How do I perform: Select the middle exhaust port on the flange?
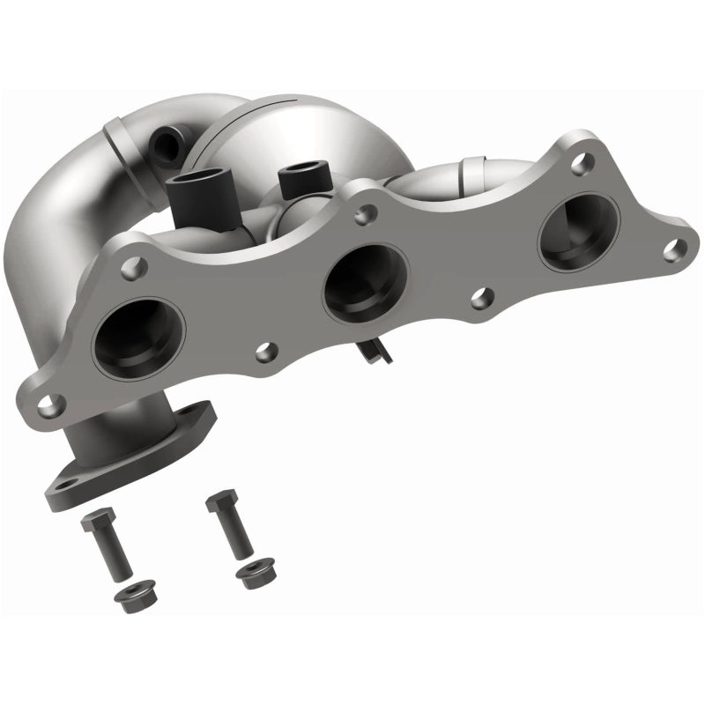[366, 281]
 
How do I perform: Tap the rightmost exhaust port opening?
[579, 232]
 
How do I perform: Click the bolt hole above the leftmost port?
[135, 268]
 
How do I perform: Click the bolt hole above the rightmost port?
[580, 164]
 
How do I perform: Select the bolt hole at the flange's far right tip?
[674, 249]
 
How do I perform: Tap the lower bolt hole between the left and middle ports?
[266, 352]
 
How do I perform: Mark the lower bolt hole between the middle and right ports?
[481, 298]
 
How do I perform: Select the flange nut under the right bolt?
[253, 575]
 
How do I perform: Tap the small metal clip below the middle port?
[375, 350]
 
